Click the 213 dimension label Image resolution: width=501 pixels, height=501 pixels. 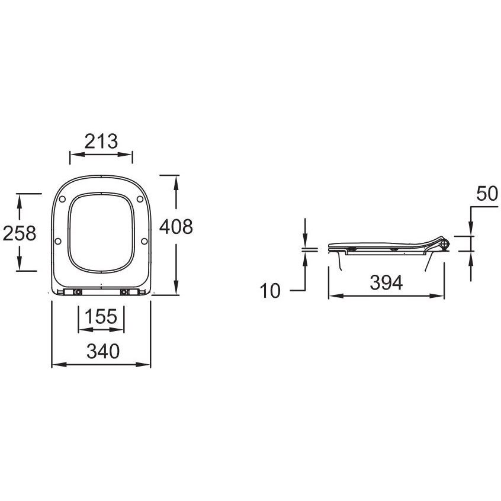(101, 141)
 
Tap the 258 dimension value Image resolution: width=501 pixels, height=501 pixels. (20, 233)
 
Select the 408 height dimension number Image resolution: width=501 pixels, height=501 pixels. (176, 227)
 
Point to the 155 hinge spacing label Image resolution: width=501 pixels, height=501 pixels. (101, 316)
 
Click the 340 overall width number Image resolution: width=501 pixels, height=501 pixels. (103, 351)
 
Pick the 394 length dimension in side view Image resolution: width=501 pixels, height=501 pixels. (386, 282)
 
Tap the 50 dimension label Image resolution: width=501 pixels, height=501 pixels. (487, 194)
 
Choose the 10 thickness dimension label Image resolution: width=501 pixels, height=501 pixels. (270, 291)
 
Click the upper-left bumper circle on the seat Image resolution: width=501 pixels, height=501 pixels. (62, 199)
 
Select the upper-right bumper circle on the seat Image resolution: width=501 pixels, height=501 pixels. (140, 199)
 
